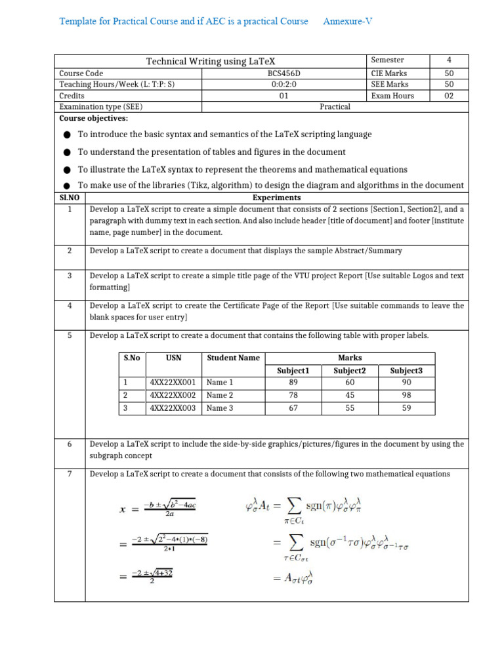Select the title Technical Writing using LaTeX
point(210,61)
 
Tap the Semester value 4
point(449,60)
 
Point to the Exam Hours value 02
point(449,95)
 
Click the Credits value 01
point(283,95)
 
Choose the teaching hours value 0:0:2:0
point(283,85)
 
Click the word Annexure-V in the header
point(347,21)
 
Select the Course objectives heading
point(94,118)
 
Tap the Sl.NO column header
point(69,198)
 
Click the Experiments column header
point(276,198)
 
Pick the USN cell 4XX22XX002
point(173,395)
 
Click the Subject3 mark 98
point(406,395)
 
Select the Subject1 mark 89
point(293,382)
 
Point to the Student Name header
point(233,358)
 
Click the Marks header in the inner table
point(350,358)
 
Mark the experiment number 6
point(69,444)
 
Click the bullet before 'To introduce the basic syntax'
point(67,135)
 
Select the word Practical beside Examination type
point(335,106)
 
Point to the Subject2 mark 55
point(350,408)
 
